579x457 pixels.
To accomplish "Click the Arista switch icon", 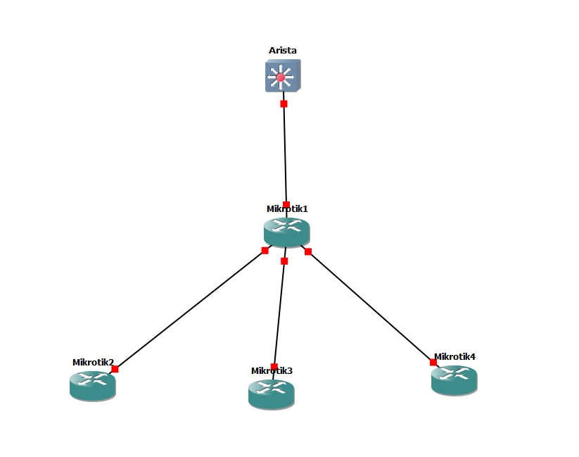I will (283, 75).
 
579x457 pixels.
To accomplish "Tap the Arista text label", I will (283, 51).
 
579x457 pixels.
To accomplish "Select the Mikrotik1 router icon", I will (286, 231).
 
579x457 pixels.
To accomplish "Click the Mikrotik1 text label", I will (287, 208).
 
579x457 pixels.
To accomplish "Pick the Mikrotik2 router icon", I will (92, 385).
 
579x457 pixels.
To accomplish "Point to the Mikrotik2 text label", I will (93, 363).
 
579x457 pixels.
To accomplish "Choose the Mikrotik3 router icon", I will (271, 393).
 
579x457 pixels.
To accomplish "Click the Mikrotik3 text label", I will (272, 370).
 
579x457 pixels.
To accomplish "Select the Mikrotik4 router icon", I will (454, 379).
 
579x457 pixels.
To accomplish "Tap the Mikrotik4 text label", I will (454, 356).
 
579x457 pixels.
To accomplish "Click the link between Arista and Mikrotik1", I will (285, 155).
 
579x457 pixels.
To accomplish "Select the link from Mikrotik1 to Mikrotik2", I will (190, 310).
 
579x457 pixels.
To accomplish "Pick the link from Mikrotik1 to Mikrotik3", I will (279, 313).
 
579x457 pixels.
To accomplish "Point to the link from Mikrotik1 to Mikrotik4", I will (371, 307).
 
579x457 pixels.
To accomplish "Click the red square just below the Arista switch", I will (284, 104).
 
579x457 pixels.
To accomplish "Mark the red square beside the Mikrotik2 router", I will (115, 369).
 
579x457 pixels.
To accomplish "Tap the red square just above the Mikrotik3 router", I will (274, 366).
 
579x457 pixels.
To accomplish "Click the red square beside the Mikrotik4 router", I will (433, 362).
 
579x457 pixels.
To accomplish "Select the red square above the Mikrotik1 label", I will (286, 204).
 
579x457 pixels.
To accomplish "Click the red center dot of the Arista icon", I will (281, 77).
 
